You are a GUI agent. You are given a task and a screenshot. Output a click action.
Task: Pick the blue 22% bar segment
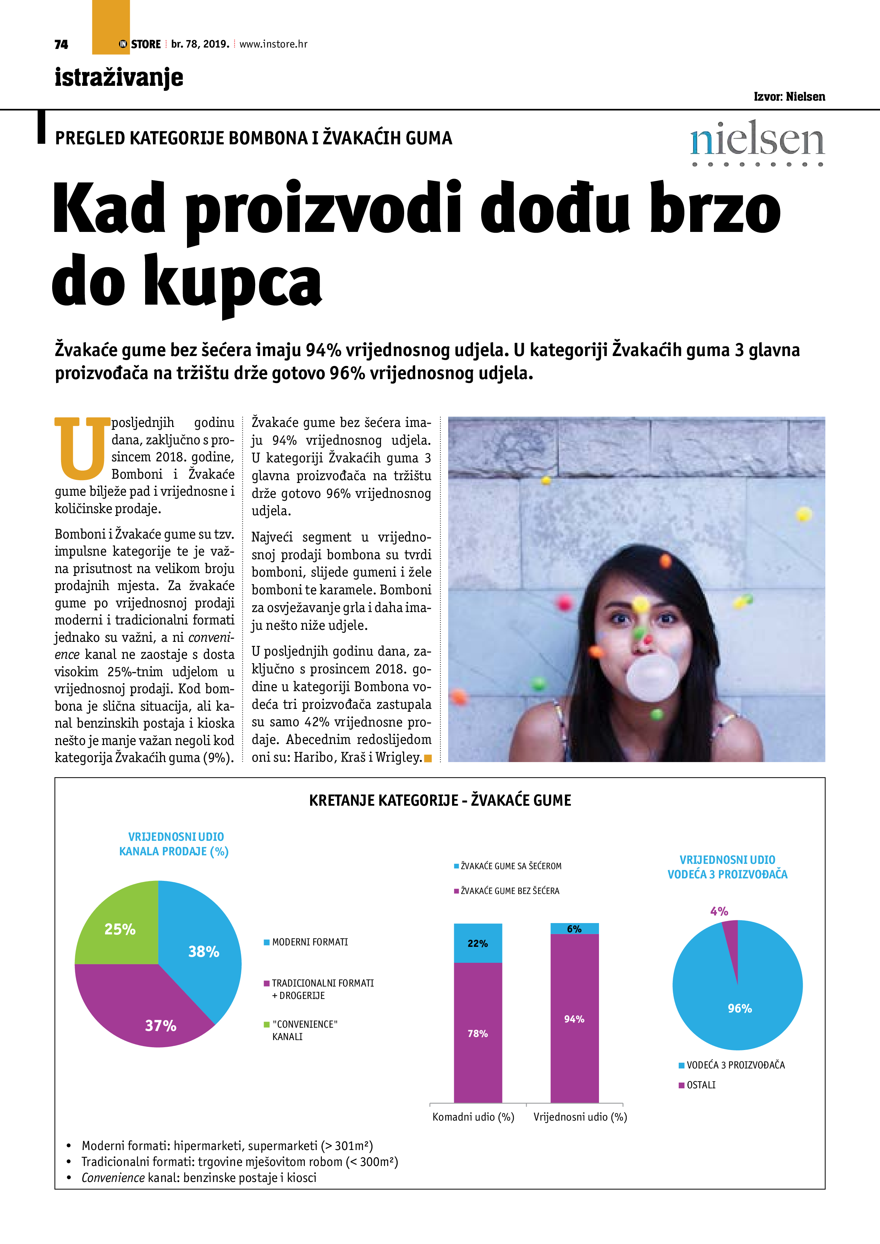[x=478, y=943]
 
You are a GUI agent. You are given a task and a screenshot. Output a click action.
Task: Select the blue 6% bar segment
[x=574, y=929]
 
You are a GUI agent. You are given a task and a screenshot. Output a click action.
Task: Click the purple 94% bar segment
[x=574, y=1018]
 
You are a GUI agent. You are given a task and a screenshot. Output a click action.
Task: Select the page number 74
[x=61, y=44]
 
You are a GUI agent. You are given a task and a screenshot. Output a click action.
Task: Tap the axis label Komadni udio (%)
[x=473, y=1117]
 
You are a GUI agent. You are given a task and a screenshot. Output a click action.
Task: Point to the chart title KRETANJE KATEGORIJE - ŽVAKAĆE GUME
[x=440, y=800]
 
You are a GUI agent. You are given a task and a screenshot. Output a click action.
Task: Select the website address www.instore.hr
[x=273, y=44]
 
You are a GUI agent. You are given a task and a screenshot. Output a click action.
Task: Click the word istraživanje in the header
[x=119, y=77]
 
